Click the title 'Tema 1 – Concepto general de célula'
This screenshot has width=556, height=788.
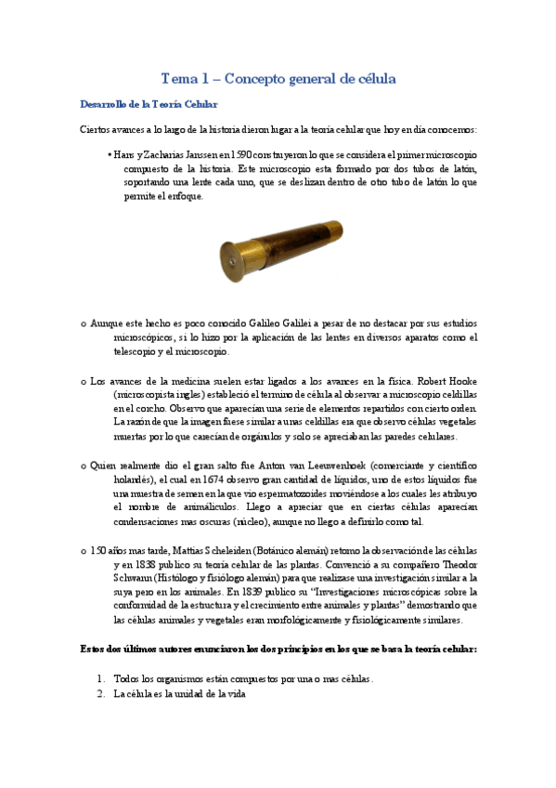(x=278, y=79)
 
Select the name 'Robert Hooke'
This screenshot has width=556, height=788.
(x=452, y=380)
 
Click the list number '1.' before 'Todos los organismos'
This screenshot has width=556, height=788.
(x=101, y=679)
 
